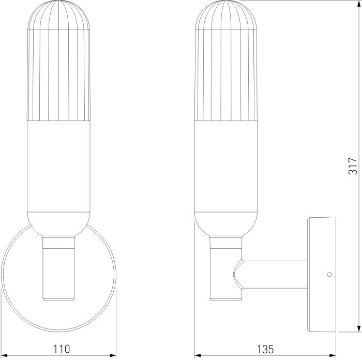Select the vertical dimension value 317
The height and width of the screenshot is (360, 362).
[x=352, y=166]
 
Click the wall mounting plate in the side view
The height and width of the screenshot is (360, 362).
[x=322, y=274]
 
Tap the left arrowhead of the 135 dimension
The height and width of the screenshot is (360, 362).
[x=198, y=355]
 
